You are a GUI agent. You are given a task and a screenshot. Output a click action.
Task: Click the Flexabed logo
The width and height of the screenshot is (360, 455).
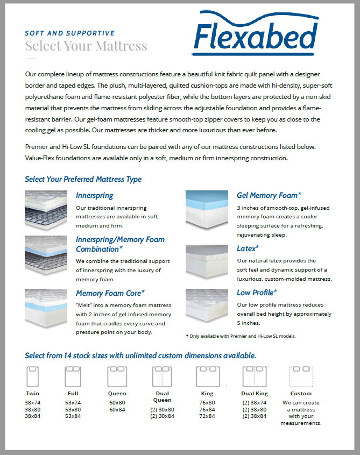[256, 33]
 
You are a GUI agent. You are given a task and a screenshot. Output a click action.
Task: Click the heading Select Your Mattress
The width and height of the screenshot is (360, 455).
[86, 46]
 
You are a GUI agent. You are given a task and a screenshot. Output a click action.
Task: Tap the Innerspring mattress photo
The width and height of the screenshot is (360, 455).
[46, 210]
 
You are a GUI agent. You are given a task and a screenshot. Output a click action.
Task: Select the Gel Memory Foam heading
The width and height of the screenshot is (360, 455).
[269, 195]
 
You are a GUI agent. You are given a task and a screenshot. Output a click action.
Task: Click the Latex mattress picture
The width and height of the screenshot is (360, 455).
[207, 261]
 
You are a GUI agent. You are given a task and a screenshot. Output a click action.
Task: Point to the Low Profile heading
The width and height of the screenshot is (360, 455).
[257, 293]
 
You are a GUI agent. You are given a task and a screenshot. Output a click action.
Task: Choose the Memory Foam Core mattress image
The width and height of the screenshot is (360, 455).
[46, 308]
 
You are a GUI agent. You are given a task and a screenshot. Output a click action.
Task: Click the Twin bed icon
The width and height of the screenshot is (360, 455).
[32, 376]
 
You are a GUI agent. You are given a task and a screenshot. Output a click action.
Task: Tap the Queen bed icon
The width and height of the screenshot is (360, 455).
[117, 376]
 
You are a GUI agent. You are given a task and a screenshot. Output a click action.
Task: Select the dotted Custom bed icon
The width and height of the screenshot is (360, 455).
[301, 376]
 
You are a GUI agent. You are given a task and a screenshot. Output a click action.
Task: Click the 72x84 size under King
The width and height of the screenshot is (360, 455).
[207, 416]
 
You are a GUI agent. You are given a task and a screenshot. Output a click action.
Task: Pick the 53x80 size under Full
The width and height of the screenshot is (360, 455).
[73, 409]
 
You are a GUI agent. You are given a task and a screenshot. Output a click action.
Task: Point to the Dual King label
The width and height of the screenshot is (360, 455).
[255, 394]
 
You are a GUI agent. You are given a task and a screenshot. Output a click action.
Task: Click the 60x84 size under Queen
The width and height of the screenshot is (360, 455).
[117, 409]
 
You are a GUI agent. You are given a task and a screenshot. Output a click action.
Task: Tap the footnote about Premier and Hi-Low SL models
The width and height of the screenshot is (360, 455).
[241, 336]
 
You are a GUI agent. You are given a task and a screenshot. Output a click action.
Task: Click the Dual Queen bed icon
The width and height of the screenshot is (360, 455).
[162, 376]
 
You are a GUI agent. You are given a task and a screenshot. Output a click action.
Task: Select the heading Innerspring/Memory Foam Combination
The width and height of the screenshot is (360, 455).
[120, 244]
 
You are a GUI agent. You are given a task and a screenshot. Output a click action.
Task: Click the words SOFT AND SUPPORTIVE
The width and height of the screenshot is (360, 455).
[69, 33]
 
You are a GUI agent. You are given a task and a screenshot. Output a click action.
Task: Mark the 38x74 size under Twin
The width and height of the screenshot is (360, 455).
[32, 402]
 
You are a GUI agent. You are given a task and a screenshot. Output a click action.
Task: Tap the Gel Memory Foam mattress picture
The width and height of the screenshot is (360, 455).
[207, 210]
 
